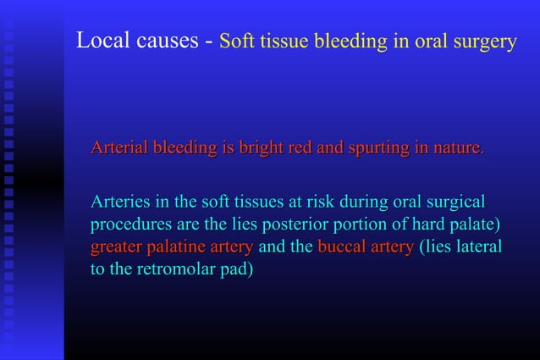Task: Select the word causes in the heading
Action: [167, 42]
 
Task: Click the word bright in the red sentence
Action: [262, 149]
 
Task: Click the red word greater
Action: [117, 248]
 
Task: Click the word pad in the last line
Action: [240, 270]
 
